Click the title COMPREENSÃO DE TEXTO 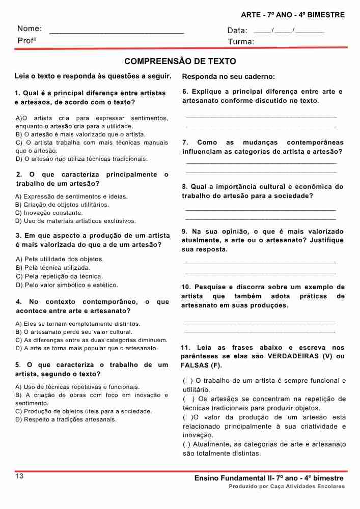pyautogui.click(x=180, y=62)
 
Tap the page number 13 pyautogui.click(x=19, y=476)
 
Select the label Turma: pyautogui.click(x=241, y=42)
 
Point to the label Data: pyautogui.click(x=237, y=31)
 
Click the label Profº pyautogui.click(x=26, y=40)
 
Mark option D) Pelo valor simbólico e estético pyautogui.click(x=67, y=285)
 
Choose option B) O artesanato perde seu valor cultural pyautogui.click(x=74, y=332)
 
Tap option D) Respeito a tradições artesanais pyautogui.click(x=66, y=419)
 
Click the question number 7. pyautogui.click(x=185, y=143)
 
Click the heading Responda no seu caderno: pyautogui.click(x=228, y=77)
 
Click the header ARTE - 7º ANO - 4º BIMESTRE pyautogui.click(x=293, y=15)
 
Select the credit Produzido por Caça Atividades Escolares pyautogui.click(x=287, y=487)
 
